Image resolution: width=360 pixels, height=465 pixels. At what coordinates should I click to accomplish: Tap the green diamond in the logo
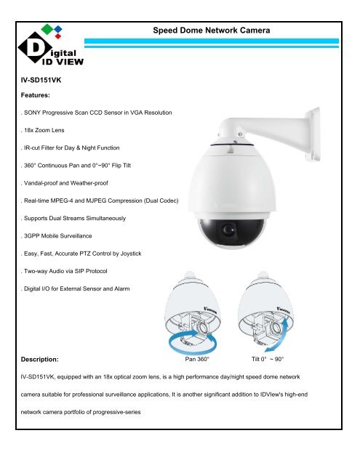[47, 28]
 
